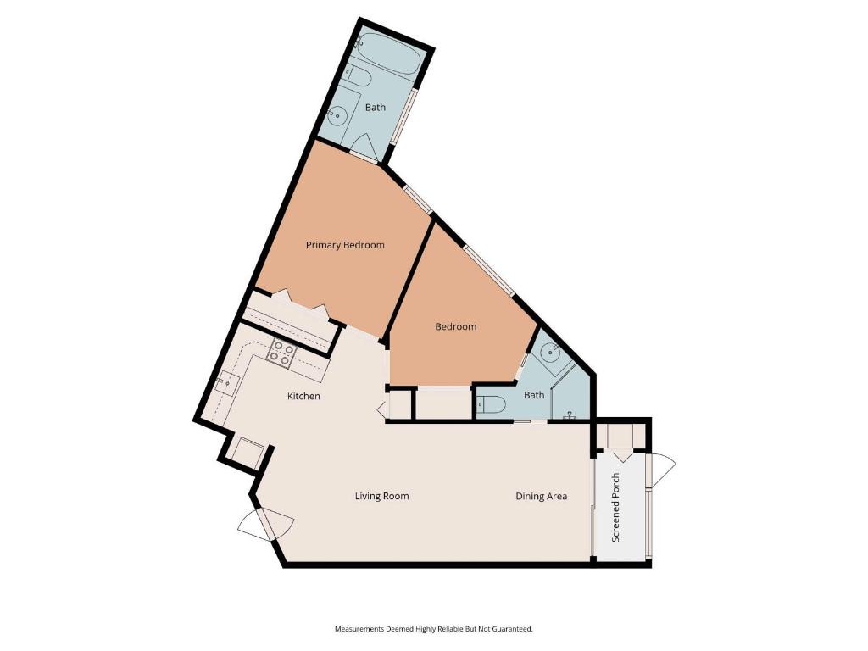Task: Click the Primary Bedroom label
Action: point(345,245)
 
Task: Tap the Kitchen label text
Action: point(303,396)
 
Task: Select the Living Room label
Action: point(381,496)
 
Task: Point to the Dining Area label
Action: point(542,496)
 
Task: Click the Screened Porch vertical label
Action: point(616,508)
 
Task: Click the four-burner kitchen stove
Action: point(281,353)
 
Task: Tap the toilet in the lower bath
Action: point(492,405)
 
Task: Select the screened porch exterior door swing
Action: point(662,470)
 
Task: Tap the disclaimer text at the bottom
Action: point(433,629)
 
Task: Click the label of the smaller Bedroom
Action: point(456,326)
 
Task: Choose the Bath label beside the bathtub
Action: point(375,108)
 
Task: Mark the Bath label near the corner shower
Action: point(534,395)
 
